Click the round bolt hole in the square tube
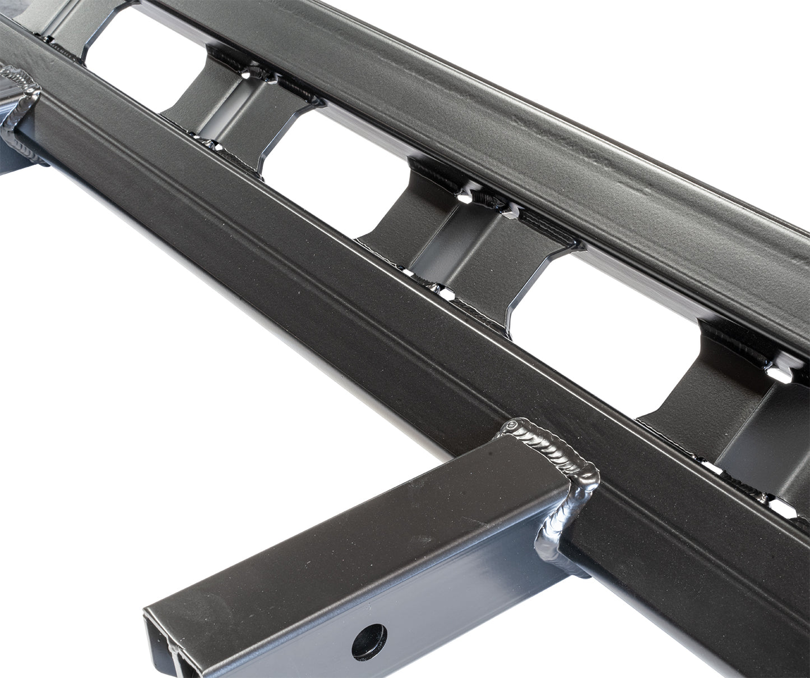(x=369, y=641)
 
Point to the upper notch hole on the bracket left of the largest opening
(x=466, y=197)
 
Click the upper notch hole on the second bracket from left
(x=247, y=73)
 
